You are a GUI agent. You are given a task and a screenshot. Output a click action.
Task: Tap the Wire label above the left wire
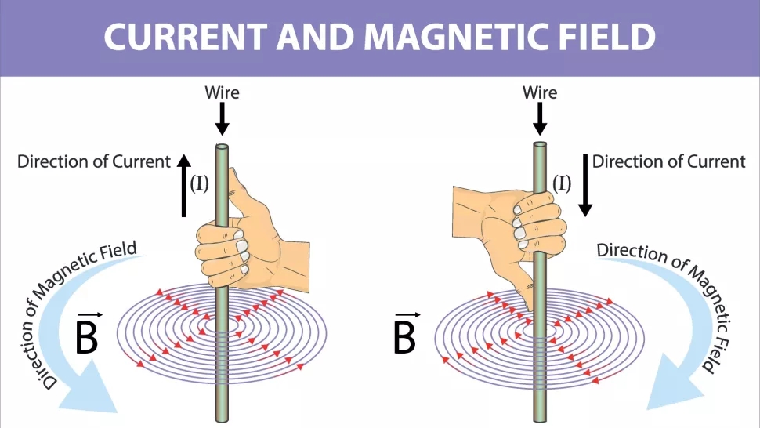pos(222,92)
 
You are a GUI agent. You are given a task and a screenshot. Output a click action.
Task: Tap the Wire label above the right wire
pos(540,92)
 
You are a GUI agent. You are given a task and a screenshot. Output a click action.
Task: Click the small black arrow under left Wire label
pos(222,118)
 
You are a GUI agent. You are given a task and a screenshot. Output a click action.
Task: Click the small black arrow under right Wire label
pos(540,118)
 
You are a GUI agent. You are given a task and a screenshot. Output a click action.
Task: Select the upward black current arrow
pos(183,185)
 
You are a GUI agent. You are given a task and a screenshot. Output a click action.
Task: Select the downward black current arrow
pos(584,185)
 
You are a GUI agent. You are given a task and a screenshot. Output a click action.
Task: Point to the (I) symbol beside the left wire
pos(200,184)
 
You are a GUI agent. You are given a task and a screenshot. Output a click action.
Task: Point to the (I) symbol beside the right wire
pos(562,183)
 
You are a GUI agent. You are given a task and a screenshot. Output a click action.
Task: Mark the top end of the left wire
pos(222,147)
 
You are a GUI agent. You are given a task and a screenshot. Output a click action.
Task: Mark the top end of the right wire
pos(540,147)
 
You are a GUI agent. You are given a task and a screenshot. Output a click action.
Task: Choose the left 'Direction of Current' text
pos(94,161)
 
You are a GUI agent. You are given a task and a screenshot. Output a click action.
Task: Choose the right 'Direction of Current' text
pos(668,161)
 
